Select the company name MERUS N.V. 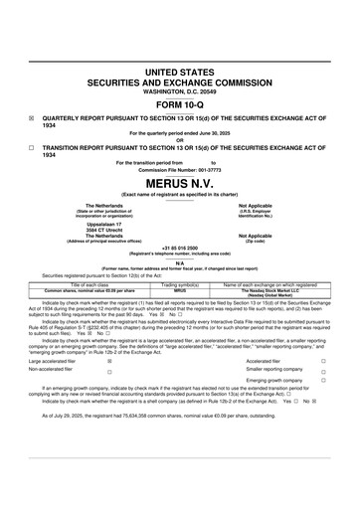click(x=179, y=185)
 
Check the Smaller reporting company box click(x=323, y=371)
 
